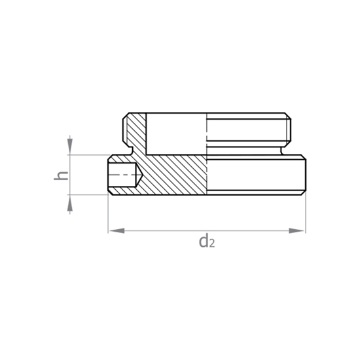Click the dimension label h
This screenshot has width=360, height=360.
click(61, 175)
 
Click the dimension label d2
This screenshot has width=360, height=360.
click(207, 241)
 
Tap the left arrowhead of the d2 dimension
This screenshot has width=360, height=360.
click(117, 231)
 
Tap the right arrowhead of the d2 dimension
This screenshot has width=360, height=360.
click(297, 231)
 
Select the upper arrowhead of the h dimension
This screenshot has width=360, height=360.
click(70, 147)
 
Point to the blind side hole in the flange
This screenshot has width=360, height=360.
click(125, 175)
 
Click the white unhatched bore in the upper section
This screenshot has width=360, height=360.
click(176, 134)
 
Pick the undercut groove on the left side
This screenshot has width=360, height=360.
click(131, 151)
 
